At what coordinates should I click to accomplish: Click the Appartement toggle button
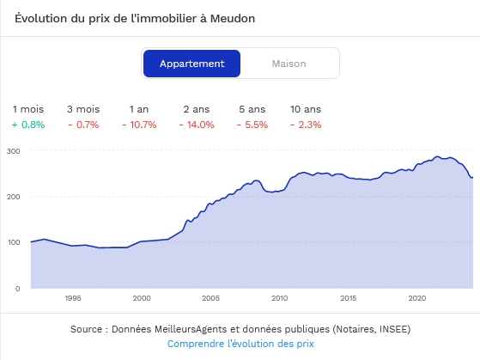tap(192, 64)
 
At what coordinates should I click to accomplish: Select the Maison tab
tap(289, 64)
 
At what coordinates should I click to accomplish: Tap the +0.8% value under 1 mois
tap(28, 125)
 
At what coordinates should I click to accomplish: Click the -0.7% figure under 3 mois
tap(83, 125)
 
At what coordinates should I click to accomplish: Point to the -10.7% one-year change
tap(139, 125)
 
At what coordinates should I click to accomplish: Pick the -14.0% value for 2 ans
tap(197, 125)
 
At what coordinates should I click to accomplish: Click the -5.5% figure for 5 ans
tap(252, 125)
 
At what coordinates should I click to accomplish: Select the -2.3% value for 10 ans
tap(306, 125)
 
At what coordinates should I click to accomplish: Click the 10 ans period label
tap(306, 109)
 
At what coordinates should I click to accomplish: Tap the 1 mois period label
tap(28, 109)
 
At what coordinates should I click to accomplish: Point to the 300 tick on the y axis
tap(14, 151)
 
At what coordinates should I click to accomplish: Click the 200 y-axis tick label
tap(14, 197)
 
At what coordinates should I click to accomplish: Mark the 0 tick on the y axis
tap(18, 289)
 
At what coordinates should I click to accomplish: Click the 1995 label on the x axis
tap(73, 298)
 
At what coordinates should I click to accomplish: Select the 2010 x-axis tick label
tap(279, 298)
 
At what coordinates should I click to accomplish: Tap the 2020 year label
tap(417, 298)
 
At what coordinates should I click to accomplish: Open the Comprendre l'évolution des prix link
tap(240, 344)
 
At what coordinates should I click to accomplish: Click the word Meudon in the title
tap(233, 18)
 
